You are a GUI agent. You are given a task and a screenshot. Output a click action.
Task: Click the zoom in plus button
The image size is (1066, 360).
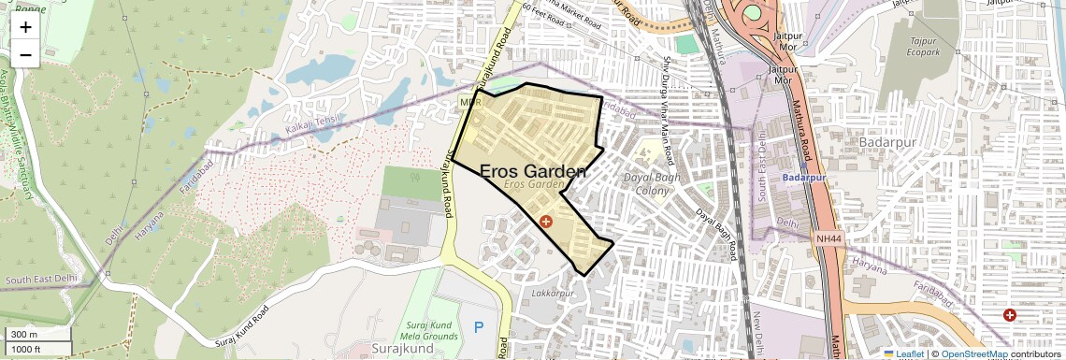tap(25, 27)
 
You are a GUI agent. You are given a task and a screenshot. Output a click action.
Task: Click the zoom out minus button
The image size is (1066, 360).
tap(25, 55)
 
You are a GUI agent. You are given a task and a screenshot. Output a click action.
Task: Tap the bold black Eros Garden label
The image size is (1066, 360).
tap(533, 171)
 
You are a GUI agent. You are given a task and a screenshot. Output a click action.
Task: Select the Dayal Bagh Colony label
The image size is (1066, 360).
tap(646, 183)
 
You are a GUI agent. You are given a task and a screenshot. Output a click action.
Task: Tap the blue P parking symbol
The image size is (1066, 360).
tap(479, 327)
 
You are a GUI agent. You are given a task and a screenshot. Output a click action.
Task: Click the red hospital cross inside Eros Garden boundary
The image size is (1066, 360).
tap(546, 222)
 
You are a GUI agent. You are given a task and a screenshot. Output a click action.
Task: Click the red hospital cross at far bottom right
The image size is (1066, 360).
tap(1009, 315)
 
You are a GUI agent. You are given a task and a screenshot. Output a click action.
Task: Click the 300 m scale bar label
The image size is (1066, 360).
tap(24, 335)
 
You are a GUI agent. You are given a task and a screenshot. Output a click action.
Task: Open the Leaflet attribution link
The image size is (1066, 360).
tap(903, 353)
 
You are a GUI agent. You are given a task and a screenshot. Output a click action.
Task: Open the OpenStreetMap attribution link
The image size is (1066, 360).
tap(973, 353)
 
